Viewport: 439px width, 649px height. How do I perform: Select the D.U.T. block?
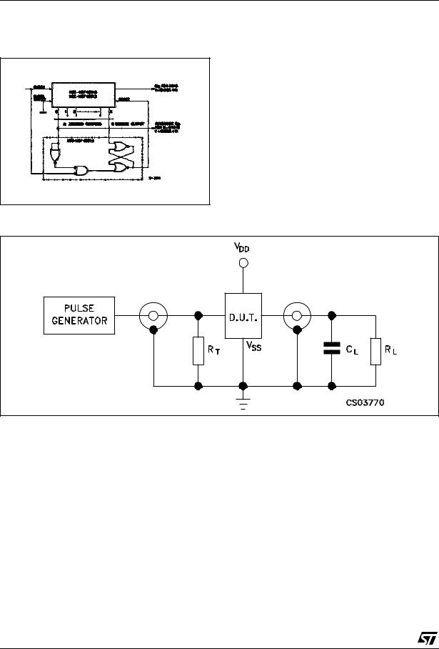coord(243,314)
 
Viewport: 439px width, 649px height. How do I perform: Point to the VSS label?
coord(254,345)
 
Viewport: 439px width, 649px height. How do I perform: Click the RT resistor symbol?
coord(199,350)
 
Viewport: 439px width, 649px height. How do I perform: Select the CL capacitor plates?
coord(332,350)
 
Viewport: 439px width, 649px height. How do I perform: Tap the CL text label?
coord(350,351)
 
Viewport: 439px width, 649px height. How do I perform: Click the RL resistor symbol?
coord(376,350)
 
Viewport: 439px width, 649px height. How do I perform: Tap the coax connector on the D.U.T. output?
coord(296,314)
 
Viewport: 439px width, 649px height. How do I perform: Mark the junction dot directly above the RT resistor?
coord(199,314)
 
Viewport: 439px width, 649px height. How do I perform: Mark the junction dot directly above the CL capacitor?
coord(332,314)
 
